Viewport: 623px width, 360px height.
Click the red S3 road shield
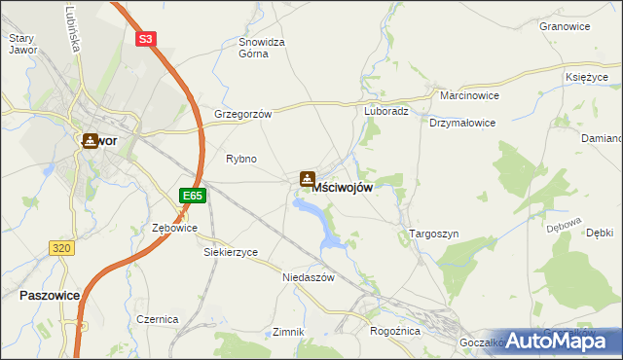[145, 39]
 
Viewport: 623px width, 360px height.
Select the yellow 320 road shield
[61, 248]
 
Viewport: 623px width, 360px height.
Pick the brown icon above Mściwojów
[308, 179]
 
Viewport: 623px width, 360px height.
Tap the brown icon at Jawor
[90, 140]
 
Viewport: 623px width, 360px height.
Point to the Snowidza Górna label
[261, 48]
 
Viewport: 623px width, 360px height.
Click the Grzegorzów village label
[242, 113]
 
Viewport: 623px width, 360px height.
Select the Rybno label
[240, 158]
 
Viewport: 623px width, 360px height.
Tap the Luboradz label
[385, 111]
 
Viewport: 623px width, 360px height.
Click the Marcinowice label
[468, 97]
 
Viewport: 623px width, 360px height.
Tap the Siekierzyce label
[231, 251]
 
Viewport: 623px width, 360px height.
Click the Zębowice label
[175, 228]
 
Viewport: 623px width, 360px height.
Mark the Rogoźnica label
[394, 331]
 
